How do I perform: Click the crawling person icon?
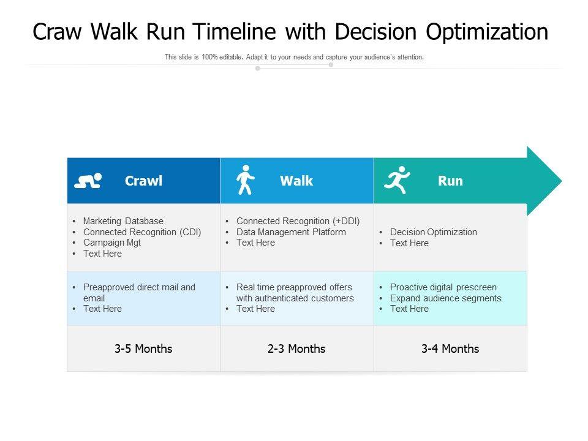tap(88, 180)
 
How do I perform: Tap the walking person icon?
tap(245, 180)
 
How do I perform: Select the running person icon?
tap(397, 180)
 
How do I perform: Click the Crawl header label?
tap(143, 181)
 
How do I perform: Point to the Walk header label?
tap(296, 181)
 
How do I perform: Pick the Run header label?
tap(450, 181)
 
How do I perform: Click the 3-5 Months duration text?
tap(143, 349)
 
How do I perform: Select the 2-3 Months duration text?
tap(296, 349)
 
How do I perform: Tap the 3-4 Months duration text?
tap(450, 349)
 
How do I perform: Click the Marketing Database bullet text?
tap(123, 221)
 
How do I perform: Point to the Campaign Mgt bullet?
tap(112, 243)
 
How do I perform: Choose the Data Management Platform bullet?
tap(291, 232)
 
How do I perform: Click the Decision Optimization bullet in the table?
tap(434, 232)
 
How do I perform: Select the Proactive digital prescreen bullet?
tap(443, 287)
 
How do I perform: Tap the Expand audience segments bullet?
tap(445, 298)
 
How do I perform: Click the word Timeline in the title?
tap(235, 31)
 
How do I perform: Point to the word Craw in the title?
tap(57, 31)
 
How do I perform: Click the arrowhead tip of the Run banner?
tap(562, 181)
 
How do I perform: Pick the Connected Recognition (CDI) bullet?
tap(142, 232)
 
